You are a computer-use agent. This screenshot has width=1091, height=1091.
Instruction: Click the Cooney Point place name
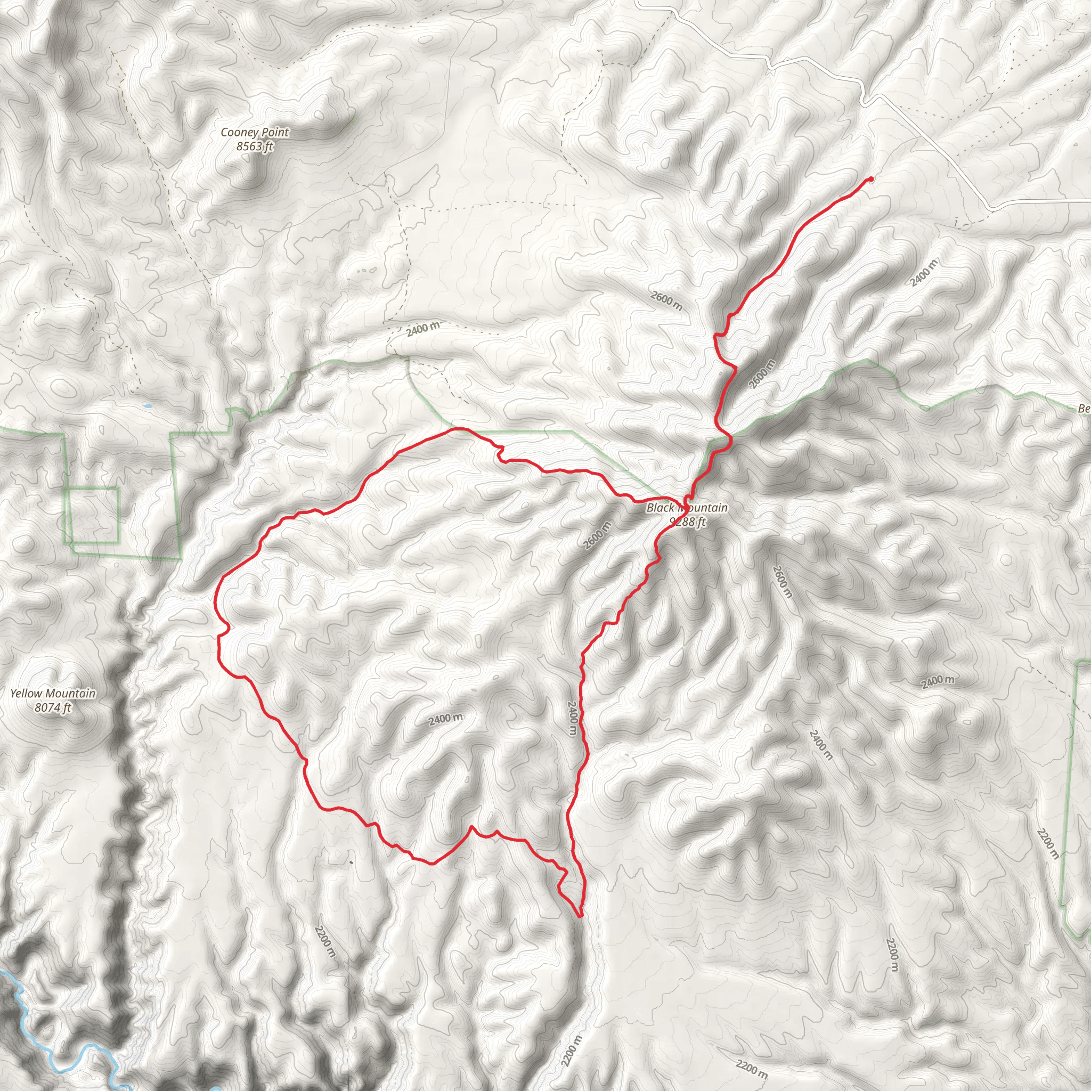(x=254, y=132)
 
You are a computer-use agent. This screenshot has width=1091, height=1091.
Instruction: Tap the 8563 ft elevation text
(x=254, y=146)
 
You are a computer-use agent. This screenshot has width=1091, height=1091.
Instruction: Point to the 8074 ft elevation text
(x=53, y=707)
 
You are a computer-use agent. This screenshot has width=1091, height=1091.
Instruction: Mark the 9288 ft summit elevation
(x=687, y=522)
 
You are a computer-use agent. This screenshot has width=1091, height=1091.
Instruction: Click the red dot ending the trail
(x=871, y=179)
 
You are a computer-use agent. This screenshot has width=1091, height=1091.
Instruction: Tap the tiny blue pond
(x=147, y=405)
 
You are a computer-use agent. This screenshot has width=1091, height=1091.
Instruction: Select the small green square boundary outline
(x=92, y=515)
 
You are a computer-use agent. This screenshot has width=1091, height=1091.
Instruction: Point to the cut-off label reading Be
(x=1084, y=408)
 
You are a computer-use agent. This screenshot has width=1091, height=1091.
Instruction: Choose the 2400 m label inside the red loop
(x=445, y=719)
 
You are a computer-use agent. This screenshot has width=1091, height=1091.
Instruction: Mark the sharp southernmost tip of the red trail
(x=580, y=916)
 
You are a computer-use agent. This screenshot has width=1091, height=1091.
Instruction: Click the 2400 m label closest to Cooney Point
(x=422, y=329)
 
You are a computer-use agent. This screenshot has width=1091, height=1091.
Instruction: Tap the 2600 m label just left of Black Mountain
(x=597, y=535)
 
